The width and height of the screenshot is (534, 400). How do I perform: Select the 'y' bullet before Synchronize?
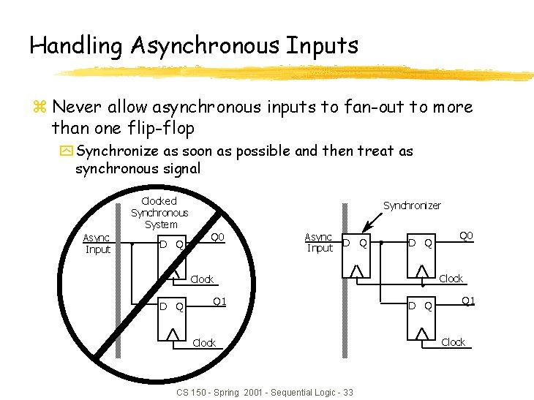(66, 152)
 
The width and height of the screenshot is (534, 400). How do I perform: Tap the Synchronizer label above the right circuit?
(412, 205)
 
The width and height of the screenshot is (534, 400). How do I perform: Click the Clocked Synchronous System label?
(159, 212)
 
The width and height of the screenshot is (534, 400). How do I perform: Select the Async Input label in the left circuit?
(97, 244)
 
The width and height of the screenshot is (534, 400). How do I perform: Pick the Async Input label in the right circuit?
(319, 242)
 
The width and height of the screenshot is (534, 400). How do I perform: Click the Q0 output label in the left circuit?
(218, 237)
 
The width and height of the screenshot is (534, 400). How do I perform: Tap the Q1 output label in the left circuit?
(219, 301)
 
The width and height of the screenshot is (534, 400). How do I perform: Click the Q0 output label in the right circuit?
(466, 235)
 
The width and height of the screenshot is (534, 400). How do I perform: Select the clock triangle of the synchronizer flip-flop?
(356, 271)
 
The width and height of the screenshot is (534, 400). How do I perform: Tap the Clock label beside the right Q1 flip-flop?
(454, 342)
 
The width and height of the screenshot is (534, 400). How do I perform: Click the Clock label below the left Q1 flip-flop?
(204, 343)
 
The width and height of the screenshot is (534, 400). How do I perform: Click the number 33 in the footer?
(347, 393)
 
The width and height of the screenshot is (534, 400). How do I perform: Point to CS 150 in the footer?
(192, 393)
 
